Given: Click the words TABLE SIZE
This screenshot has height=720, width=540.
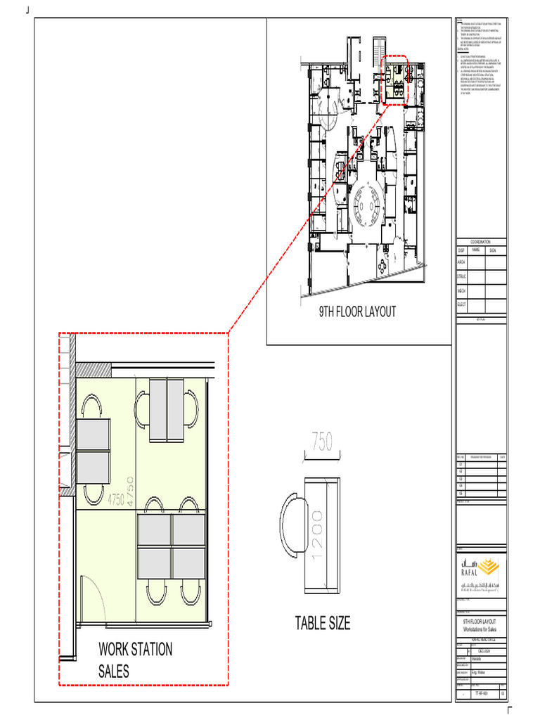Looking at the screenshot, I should (x=323, y=623).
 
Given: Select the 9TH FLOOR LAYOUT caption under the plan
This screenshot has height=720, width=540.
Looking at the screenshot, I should (x=358, y=311).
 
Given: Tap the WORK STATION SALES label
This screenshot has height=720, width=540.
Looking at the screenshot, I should (x=135, y=660).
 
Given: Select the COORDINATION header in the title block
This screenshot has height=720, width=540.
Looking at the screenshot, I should (x=481, y=241).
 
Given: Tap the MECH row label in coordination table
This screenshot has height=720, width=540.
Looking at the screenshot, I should (x=461, y=290).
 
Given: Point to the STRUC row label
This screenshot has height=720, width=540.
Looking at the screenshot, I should (x=461, y=277).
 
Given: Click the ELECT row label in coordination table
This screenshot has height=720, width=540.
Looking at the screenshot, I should (x=461, y=304).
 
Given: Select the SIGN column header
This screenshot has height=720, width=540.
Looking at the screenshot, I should (x=493, y=250).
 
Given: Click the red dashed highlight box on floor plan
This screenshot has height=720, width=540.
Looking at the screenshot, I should (x=397, y=79).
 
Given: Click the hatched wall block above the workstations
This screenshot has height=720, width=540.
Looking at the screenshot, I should (x=89, y=370).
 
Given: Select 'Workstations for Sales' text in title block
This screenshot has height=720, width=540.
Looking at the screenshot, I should (x=480, y=629).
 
